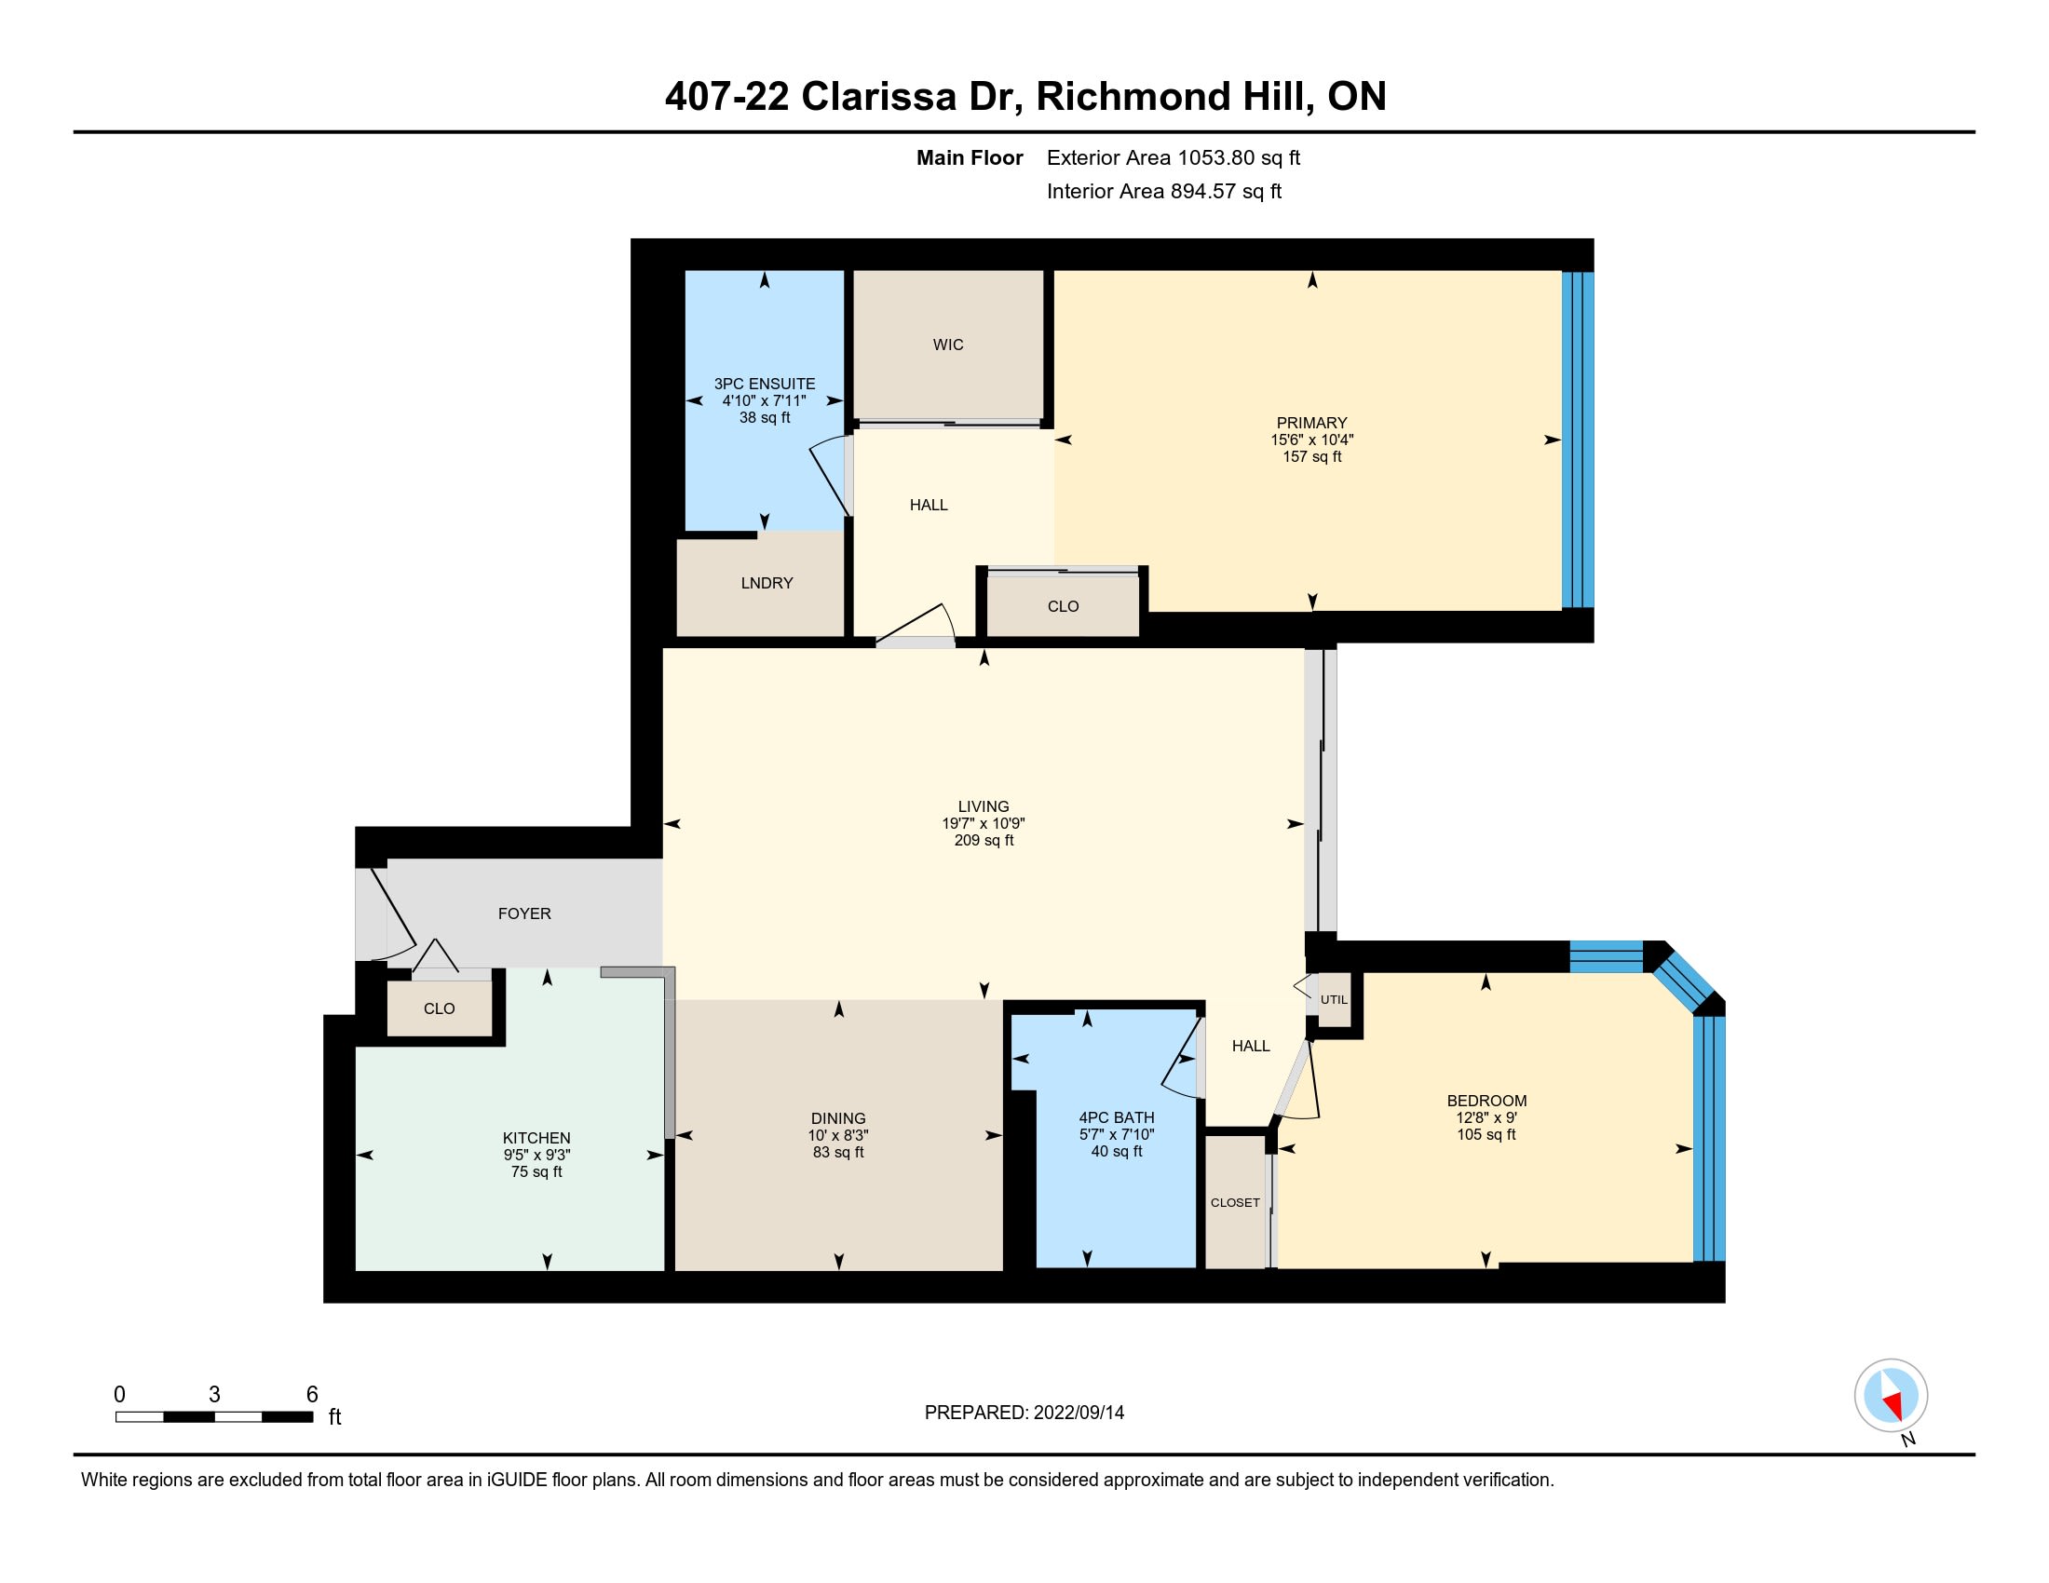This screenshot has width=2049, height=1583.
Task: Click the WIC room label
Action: (x=947, y=345)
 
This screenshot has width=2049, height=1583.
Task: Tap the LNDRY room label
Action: (x=767, y=582)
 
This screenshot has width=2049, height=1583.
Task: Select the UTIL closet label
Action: (x=1333, y=1000)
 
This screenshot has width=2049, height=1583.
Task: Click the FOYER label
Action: (x=524, y=913)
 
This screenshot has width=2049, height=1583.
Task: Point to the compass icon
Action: (x=1892, y=1396)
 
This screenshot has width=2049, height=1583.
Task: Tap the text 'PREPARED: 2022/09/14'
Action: (x=1024, y=1413)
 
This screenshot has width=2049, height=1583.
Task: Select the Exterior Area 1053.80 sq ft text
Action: (x=1174, y=157)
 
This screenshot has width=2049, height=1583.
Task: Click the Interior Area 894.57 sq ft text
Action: (x=1164, y=191)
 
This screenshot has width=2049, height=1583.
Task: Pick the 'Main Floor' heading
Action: (x=970, y=157)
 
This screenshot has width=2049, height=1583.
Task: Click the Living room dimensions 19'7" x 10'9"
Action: (x=984, y=823)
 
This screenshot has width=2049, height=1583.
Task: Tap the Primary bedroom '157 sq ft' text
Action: (x=1311, y=456)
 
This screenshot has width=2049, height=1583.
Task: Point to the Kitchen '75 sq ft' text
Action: (x=536, y=1171)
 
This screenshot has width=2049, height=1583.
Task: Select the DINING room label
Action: (x=838, y=1117)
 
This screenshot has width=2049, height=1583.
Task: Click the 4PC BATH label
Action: (x=1117, y=1116)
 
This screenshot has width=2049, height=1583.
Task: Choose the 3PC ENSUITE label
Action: (x=765, y=384)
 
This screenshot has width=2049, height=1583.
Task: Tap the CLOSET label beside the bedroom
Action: (x=1235, y=1202)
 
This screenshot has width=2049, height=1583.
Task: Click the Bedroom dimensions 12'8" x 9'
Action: (x=1486, y=1117)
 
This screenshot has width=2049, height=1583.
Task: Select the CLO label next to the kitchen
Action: (x=439, y=1008)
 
